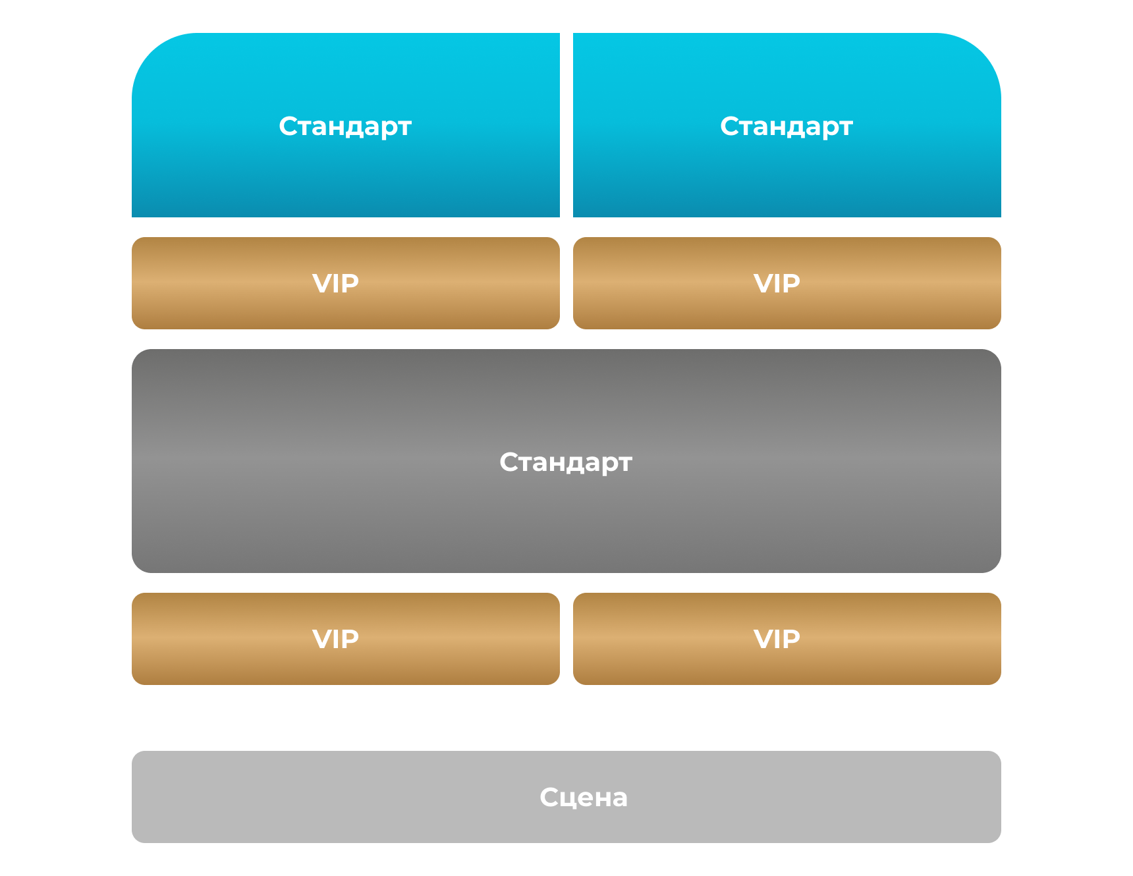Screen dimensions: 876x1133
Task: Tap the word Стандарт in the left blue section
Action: point(345,126)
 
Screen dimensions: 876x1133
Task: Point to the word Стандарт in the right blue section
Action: point(787,126)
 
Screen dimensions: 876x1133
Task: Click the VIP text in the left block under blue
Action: point(336,283)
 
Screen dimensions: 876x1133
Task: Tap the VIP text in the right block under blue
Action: point(777,283)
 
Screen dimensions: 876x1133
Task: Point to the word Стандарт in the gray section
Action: point(566,462)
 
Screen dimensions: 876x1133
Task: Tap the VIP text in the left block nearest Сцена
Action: point(336,639)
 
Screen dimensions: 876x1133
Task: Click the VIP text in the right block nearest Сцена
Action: point(777,639)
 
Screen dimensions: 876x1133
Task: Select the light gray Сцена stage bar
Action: point(329,797)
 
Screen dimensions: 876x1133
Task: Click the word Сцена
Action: point(584,798)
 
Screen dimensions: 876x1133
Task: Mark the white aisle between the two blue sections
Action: point(566,125)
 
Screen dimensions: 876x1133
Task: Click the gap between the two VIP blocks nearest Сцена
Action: point(566,639)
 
